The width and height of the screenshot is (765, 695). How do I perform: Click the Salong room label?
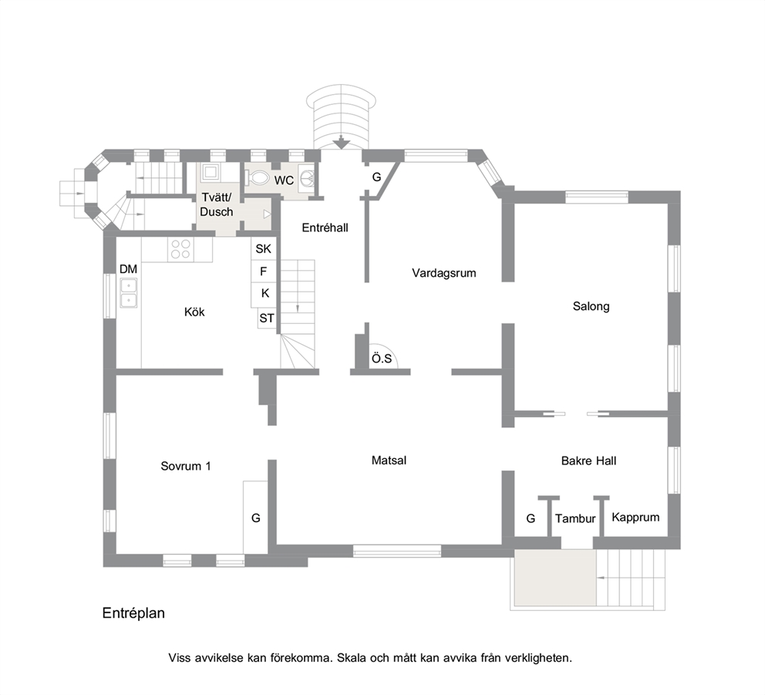[x=591, y=306]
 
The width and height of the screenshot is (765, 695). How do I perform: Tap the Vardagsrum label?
[x=444, y=273]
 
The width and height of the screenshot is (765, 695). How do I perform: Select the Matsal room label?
[x=389, y=461]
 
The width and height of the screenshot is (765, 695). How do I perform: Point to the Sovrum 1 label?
[x=186, y=466]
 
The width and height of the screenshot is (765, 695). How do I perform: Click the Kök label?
[x=194, y=312]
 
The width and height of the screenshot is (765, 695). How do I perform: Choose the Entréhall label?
[x=325, y=228]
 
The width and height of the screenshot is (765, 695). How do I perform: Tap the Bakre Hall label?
[x=589, y=461]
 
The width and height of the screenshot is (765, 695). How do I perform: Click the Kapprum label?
[x=635, y=518]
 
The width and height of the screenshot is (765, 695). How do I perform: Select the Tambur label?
[x=575, y=518]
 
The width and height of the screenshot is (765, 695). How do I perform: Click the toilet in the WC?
[x=257, y=177]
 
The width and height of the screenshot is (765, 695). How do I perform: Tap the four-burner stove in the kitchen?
[x=180, y=249]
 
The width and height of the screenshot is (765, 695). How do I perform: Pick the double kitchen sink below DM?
[x=129, y=293]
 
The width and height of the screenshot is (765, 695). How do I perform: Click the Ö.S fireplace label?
[x=382, y=359]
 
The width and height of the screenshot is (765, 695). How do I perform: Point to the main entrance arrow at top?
[x=342, y=143]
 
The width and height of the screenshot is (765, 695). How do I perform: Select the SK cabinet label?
[x=264, y=249]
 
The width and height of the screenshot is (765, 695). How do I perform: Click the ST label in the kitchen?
[x=266, y=319]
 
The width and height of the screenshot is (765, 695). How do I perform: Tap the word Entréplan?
[x=133, y=613]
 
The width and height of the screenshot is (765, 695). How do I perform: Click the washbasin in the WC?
[x=308, y=177]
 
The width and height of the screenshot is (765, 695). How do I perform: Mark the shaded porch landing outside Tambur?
[x=555, y=578]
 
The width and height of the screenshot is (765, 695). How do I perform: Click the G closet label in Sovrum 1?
[x=256, y=518]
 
